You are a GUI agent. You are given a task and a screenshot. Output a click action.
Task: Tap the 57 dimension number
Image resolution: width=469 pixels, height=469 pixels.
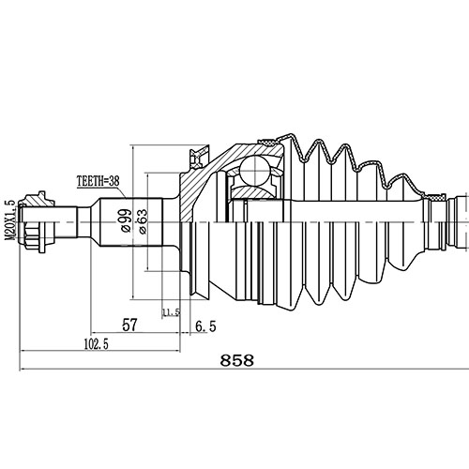tap(129, 325)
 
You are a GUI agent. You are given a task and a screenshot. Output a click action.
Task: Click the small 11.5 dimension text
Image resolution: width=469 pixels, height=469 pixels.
tap(170, 312)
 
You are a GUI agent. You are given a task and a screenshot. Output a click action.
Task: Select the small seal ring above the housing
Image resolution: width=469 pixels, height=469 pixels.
tap(198, 154)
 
